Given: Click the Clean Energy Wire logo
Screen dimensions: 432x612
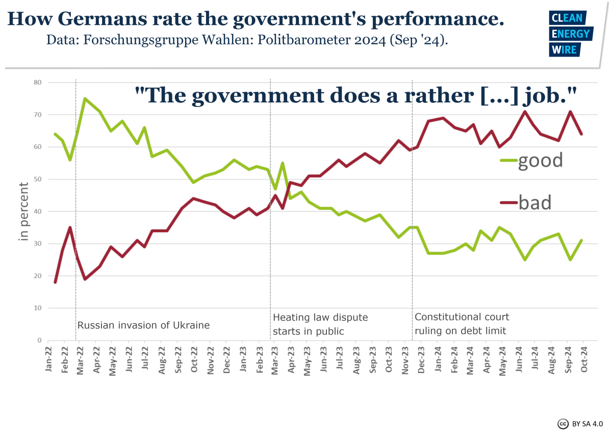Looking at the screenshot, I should (570, 34).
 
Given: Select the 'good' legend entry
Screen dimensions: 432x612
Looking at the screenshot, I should (531, 160).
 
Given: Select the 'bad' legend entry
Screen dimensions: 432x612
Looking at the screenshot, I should (526, 203).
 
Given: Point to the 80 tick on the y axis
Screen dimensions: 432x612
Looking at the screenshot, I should (37, 83).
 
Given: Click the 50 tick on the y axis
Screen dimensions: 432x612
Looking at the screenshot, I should (37, 179).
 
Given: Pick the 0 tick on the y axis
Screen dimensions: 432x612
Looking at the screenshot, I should (39, 340).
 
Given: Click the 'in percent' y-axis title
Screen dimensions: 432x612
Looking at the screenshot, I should (24, 211).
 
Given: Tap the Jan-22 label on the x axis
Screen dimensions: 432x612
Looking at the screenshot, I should (49, 361).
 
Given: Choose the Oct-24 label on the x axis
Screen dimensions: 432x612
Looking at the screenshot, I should (582, 361).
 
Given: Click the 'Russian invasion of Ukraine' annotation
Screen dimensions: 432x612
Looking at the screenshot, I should (143, 325).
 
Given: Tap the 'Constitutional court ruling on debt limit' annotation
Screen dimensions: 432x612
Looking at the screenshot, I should (462, 324).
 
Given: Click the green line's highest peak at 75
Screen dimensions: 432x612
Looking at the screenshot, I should (85, 99).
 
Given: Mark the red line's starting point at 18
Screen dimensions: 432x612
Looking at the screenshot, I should (55, 282).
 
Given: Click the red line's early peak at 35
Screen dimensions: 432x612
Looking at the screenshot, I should (70, 227).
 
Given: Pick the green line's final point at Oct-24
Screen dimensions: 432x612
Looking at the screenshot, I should (581, 240).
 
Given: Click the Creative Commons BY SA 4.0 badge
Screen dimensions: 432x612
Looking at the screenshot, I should (580, 423).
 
